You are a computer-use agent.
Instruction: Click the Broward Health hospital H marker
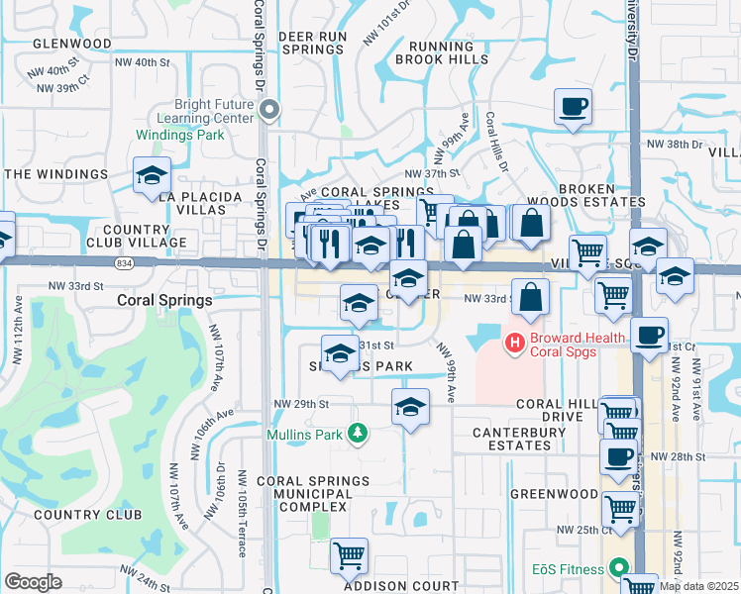click(514, 344)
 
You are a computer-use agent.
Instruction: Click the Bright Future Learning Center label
click(215, 110)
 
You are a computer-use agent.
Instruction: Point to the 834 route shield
click(124, 263)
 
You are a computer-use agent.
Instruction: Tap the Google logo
click(33, 582)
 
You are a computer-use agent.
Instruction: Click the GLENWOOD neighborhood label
click(71, 44)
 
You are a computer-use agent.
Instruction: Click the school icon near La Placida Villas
click(153, 175)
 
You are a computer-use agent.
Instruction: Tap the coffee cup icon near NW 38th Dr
click(574, 106)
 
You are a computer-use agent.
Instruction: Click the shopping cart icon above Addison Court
click(350, 556)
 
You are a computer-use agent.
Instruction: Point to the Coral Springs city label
click(164, 299)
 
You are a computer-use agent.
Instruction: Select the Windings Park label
click(214, 135)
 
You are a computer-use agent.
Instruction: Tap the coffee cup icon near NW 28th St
click(618, 457)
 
